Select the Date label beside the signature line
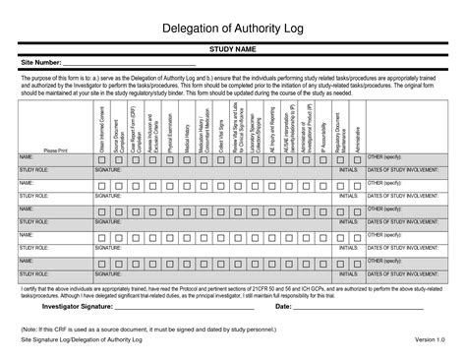pyautogui.click(x=283, y=306)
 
